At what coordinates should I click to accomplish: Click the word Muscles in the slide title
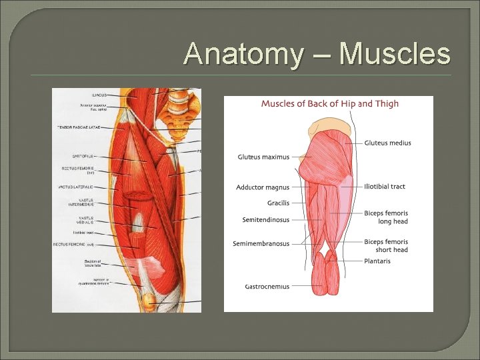(x=395, y=53)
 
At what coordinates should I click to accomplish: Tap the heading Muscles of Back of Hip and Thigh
(x=329, y=103)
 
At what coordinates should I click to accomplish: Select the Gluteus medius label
(x=387, y=143)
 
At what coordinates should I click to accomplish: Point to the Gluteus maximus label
(x=263, y=157)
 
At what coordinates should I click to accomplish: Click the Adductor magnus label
(x=263, y=187)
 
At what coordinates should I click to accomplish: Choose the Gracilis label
(x=278, y=203)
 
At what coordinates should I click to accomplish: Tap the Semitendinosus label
(x=266, y=219)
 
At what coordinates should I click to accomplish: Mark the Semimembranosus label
(x=261, y=244)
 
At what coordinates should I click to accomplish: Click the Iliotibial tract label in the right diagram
(x=385, y=187)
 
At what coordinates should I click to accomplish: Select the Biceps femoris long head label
(x=386, y=217)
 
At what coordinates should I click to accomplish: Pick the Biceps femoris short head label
(x=386, y=245)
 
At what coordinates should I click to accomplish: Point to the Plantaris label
(x=377, y=261)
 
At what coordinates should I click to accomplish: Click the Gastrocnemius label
(x=267, y=287)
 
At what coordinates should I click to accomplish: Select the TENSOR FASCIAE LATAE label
(x=78, y=127)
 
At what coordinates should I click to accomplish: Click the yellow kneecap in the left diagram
(x=149, y=300)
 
